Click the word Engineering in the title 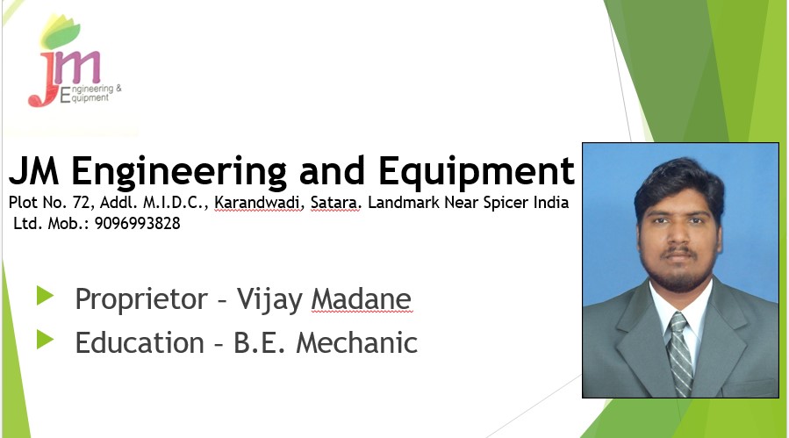[179, 173]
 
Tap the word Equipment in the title [476, 173]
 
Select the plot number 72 [81, 203]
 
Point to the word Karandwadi [259, 203]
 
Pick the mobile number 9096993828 [138, 223]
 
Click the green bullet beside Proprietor [46, 296]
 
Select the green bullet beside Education [46, 340]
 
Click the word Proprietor [141, 300]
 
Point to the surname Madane [362, 299]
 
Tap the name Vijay [269, 300]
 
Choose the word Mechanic [356, 343]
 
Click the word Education [140, 343]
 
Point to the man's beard [678, 272]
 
